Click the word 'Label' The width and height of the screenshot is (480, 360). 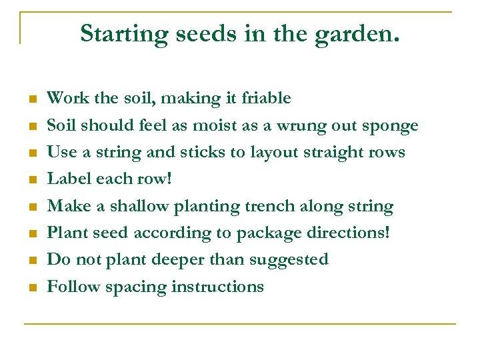pos(69,179)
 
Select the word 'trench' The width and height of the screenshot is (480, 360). pos(291,207)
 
